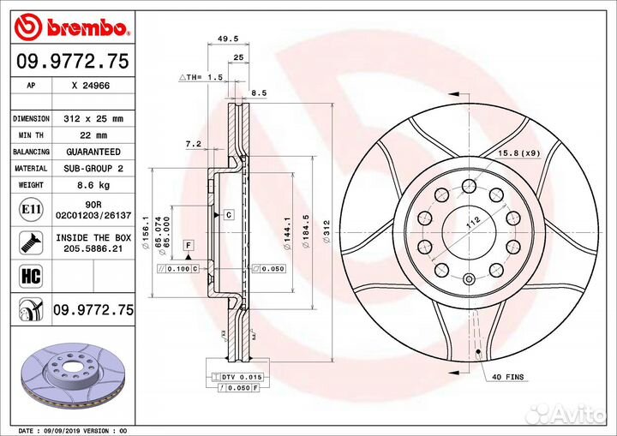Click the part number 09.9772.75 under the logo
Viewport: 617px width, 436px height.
tap(72, 60)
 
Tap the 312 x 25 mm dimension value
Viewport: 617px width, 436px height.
tap(94, 119)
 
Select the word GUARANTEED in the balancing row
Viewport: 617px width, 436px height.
tap(94, 152)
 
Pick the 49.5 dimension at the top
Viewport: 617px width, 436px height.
tap(227, 39)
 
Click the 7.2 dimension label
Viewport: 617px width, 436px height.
tap(193, 145)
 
